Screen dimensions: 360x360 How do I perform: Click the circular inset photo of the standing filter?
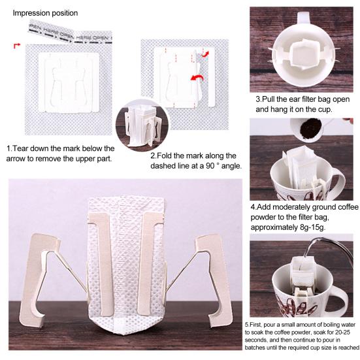tap(140, 124)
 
